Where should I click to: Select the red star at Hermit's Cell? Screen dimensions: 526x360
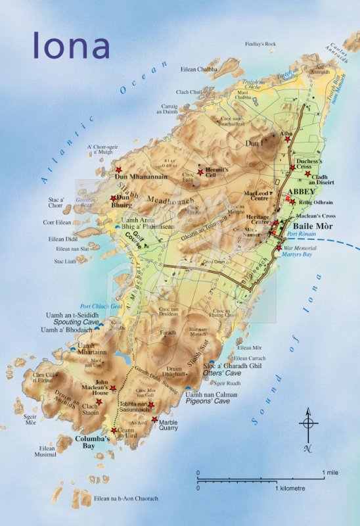pyautogui.click(x=200, y=172)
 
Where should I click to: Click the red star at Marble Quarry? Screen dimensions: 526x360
pyautogui.click(x=155, y=419)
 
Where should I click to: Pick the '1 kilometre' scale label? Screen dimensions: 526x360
pyautogui.click(x=294, y=489)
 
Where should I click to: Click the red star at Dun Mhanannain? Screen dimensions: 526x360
pyautogui.click(x=119, y=170)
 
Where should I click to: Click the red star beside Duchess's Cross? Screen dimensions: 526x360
pyautogui.click(x=292, y=168)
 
